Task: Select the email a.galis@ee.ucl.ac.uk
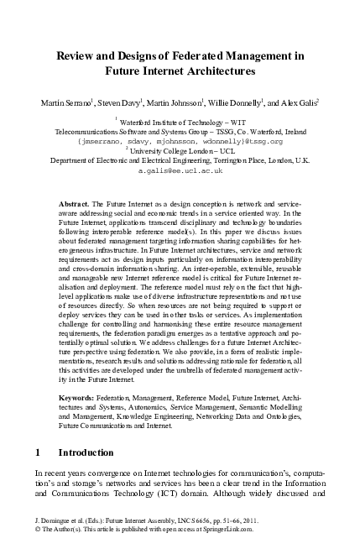pyautogui.click(x=180, y=170)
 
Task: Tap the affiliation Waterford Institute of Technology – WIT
pyautogui.click(x=181, y=123)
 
